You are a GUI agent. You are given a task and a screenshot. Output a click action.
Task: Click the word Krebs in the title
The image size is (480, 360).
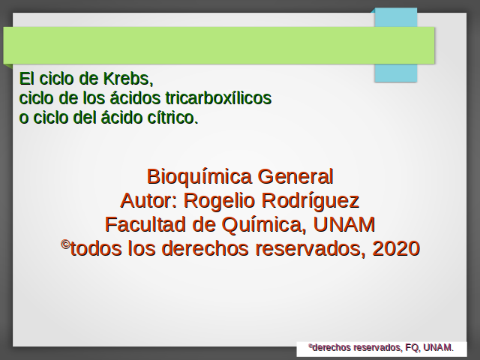tap(127, 79)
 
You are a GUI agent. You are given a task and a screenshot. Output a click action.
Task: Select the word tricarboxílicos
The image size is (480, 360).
tap(218, 98)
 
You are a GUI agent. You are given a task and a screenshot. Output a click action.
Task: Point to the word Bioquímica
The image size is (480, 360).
tap(199, 177)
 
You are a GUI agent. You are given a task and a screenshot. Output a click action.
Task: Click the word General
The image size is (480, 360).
tap(295, 177)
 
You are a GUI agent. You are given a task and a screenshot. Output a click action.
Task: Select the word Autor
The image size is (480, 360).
tap(148, 200)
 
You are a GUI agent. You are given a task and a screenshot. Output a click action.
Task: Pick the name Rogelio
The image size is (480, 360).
tap(219, 201)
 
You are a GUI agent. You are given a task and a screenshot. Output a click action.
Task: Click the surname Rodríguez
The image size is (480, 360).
tap(310, 201)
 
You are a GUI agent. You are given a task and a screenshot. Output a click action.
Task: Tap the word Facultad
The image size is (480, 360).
tap(145, 224)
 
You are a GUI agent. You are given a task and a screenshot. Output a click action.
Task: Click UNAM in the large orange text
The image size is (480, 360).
tap(344, 224)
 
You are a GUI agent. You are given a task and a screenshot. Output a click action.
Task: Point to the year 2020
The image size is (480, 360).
tap(396, 248)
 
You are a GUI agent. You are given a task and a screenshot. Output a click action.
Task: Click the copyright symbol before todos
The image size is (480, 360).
tap(65, 244)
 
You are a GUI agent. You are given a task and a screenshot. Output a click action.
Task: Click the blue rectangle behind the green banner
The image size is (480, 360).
tap(396, 73)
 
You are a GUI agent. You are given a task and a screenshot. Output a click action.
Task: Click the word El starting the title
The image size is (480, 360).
tap(27, 79)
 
